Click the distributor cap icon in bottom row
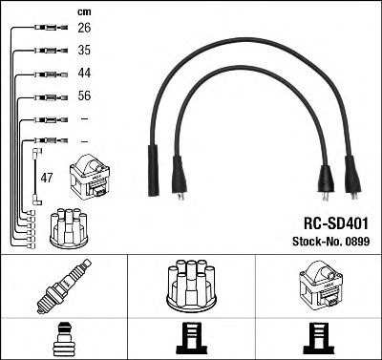(x=191, y=286)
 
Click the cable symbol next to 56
(x=44, y=96)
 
